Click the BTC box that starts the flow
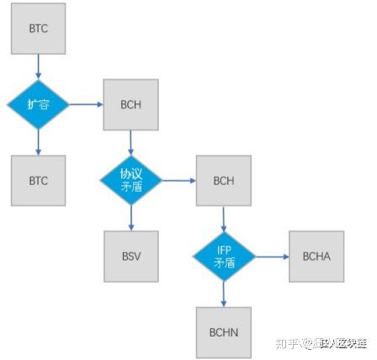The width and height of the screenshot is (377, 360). (x=38, y=29)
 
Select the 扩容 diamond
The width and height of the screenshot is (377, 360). (x=38, y=104)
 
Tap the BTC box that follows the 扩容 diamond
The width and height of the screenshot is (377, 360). (x=38, y=180)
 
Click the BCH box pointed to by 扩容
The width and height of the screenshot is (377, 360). (x=130, y=105)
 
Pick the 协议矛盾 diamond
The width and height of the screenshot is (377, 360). (x=131, y=180)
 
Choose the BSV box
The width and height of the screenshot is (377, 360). (x=130, y=256)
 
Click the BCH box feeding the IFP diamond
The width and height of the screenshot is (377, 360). (x=223, y=180)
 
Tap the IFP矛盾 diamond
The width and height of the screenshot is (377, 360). (x=224, y=256)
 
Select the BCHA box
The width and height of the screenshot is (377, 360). (x=316, y=256)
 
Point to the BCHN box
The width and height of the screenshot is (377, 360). (x=224, y=331)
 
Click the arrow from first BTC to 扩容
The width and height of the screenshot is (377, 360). (x=38, y=66)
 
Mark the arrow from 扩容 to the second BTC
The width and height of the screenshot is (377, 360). (x=38, y=142)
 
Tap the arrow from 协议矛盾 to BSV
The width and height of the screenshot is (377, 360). (x=131, y=218)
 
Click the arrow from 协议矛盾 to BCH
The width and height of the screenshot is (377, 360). (x=178, y=180)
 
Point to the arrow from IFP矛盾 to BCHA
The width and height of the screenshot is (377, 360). (x=271, y=256)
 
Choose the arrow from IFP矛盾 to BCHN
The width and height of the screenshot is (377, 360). (x=224, y=294)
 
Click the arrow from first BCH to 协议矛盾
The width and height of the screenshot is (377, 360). (x=131, y=142)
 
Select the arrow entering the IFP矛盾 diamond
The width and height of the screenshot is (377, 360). (x=224, y=218)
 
